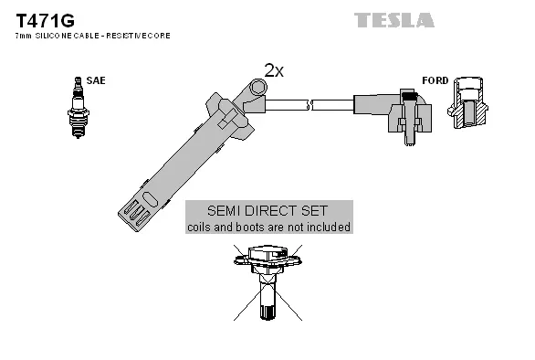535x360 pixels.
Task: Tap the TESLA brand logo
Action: (393, 18)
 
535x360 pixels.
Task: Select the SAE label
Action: (95, 80)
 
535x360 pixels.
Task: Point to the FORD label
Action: (435, 80)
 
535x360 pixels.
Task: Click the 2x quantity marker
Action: (273, 70)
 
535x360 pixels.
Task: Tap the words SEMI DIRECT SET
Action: (268, 210)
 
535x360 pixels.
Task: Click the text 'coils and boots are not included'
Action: (268, 227)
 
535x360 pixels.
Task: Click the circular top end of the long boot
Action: (258, 87)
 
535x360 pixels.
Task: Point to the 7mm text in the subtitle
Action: (20, 35)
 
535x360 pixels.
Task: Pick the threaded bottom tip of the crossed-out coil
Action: (267, 312)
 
